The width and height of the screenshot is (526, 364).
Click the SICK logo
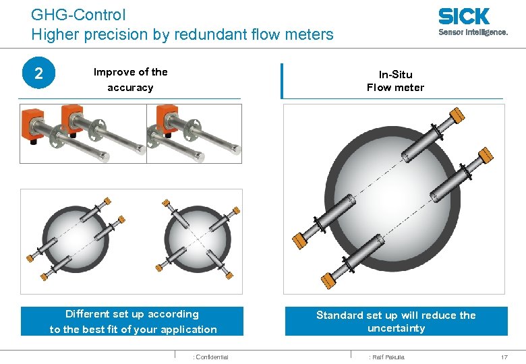[x=463, y=16]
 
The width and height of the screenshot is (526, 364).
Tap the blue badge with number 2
[x=38, y=73]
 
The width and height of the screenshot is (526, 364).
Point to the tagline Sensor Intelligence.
[x=473, y=32]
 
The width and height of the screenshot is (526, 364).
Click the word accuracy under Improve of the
[x=130, y=88]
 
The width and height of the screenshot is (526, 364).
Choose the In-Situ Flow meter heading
[x=395, y=80]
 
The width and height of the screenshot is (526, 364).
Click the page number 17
[x=504, y=357]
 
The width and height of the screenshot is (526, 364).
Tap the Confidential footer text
[x=211, y=357]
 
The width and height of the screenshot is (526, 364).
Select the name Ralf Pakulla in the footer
[x=386, y=357]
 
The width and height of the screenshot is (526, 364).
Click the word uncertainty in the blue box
[x=396, y=328]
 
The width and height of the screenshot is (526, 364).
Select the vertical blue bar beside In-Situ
[x=281, y=81]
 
